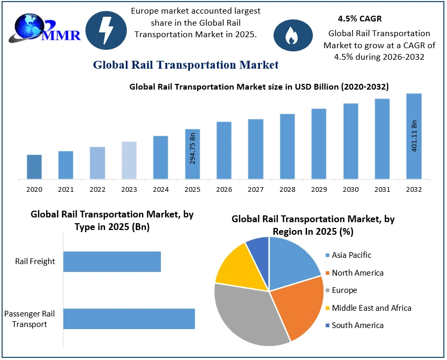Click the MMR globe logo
point(46,29)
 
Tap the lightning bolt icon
point(106,30)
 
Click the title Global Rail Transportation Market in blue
point(186,65)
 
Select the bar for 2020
point(34,167)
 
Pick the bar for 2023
point(129,160)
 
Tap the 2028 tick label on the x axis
point(287,189)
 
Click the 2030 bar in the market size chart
point(351,141)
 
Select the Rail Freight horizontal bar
point(112,261)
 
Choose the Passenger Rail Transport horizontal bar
point(129,319)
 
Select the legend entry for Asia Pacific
point(351,255)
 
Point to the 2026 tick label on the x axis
point(224,189)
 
